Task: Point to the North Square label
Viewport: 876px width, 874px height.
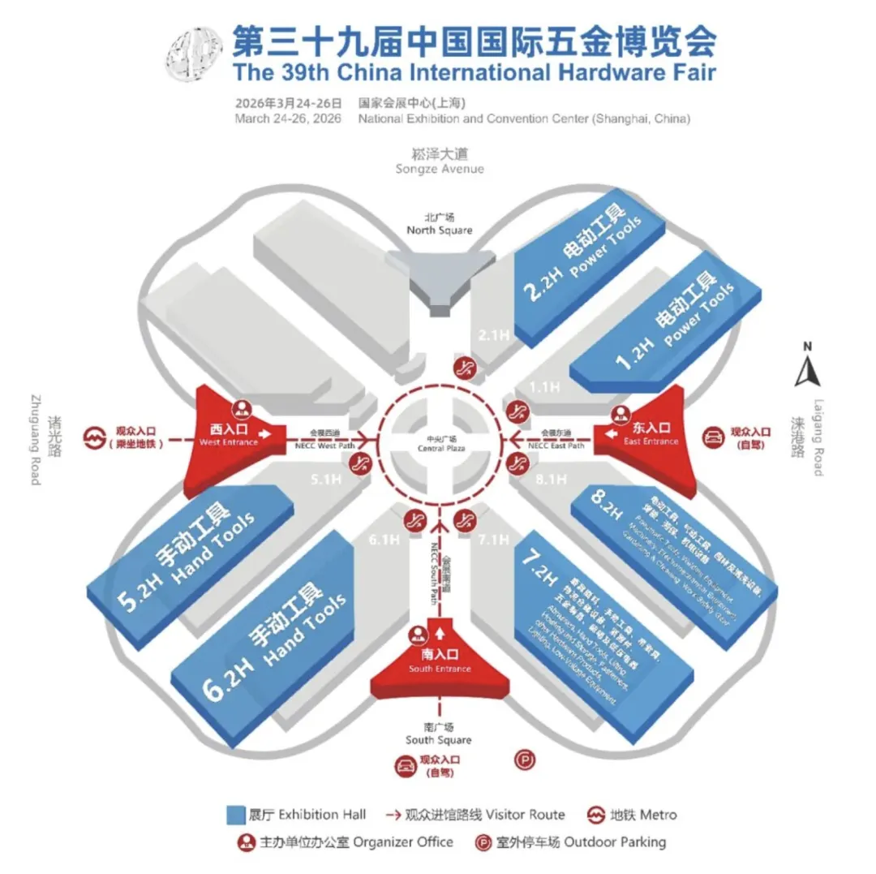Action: coord(439,224)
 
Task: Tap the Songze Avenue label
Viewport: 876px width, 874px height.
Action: coord(439,161)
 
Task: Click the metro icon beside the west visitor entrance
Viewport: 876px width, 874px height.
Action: coord(94,439)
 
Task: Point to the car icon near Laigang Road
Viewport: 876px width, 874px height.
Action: coord(715,437)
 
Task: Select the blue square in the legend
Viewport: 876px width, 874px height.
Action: coord(236,814)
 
